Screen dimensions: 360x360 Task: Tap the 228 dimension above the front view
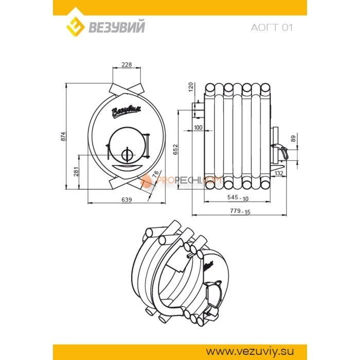pos(126,65)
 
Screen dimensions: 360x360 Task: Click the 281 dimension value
pos(76,171)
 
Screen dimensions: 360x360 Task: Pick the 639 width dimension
pos(127,199)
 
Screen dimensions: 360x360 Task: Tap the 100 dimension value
pos(198,127)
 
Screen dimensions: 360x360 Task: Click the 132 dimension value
pos(279,174)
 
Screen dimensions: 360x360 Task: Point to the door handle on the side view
pos(282,152)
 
